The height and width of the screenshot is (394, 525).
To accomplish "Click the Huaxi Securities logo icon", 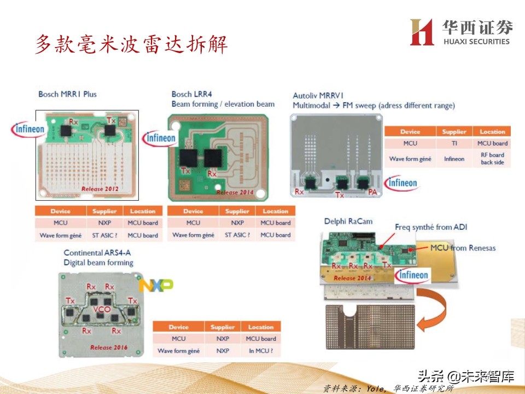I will coord(422,32).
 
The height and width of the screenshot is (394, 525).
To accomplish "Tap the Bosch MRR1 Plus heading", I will coord(67,94).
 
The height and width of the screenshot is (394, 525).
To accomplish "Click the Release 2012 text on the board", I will coord(100,189).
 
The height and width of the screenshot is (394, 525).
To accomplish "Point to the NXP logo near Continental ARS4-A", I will coord(156,285).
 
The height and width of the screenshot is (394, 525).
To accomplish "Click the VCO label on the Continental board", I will coord(102,309).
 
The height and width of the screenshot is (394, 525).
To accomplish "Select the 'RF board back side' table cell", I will coord(492,159).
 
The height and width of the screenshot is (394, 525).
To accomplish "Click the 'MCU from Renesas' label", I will coord(463,248).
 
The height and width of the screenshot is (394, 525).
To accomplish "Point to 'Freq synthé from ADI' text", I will coord(431,227).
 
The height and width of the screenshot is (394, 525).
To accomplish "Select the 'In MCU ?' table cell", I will coord(261,351).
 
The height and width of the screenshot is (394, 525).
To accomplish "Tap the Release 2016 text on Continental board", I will coord(109,347).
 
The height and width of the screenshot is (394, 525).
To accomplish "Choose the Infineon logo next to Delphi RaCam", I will coord(413,275).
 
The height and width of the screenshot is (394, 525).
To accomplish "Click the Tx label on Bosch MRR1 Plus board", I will coord(111,120).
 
